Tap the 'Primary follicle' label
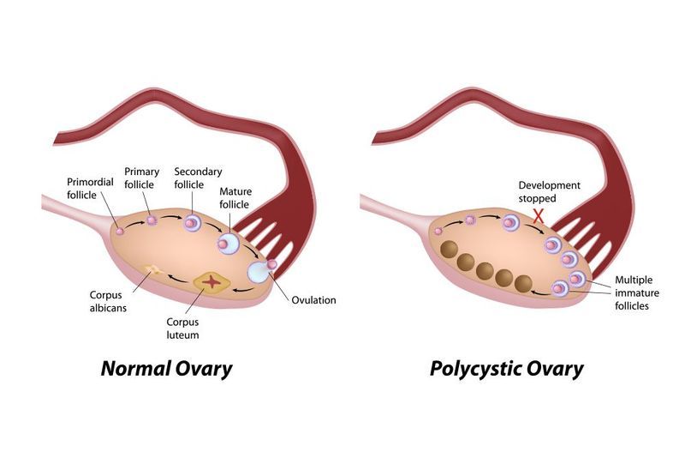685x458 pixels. click(142, 178)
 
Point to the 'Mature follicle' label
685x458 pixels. click(234, 197)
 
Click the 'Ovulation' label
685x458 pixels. click(313, 300)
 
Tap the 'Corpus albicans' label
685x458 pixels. click(110, 300)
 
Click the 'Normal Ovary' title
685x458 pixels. click(166, 370)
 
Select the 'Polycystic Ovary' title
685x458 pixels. click(507, 370)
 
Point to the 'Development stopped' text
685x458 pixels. click(549, 191)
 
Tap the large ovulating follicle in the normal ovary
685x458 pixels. click(258, 272)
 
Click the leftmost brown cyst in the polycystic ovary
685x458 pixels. click(448, 252)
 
